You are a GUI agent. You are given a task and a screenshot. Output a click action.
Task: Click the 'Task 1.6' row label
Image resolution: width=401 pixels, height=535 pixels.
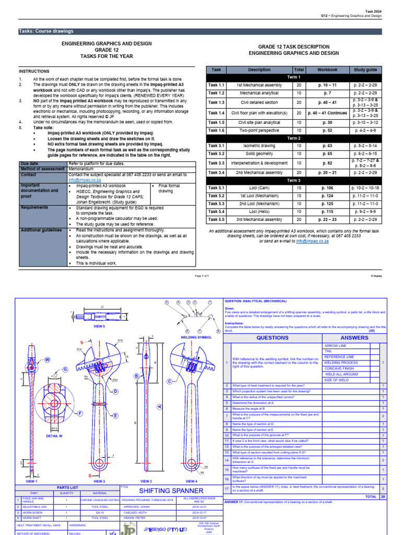point(217,131)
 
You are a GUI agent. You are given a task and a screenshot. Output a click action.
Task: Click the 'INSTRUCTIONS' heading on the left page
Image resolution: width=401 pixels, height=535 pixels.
point(34,71)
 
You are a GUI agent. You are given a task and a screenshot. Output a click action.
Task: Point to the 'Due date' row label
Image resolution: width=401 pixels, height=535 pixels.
point(30,164)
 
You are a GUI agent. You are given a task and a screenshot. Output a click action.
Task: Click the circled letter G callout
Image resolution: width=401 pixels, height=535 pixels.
point(66,369)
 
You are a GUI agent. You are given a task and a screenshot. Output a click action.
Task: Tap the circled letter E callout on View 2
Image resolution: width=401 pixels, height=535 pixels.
point(115,416)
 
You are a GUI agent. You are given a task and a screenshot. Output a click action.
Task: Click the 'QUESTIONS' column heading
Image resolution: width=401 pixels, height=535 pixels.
point(272,338)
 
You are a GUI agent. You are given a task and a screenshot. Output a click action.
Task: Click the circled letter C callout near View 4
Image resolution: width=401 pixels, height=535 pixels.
point(169,382)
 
